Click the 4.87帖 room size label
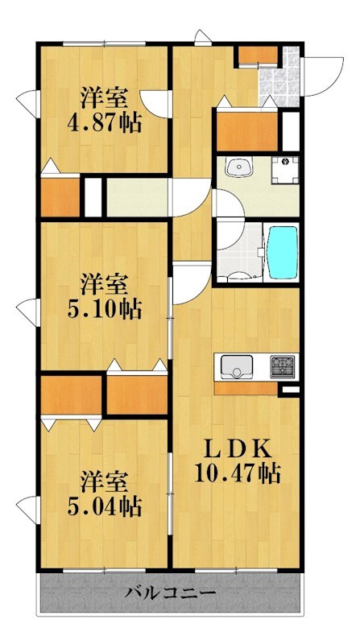[x=103, y=124]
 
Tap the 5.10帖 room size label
[x=102, y=308]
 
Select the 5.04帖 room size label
[x=102, y=506]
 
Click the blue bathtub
[x=282, y=251]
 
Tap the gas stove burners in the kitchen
[x=283, y=368]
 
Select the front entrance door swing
[x=322, y=72]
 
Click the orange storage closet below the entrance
[x=246, y=129]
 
